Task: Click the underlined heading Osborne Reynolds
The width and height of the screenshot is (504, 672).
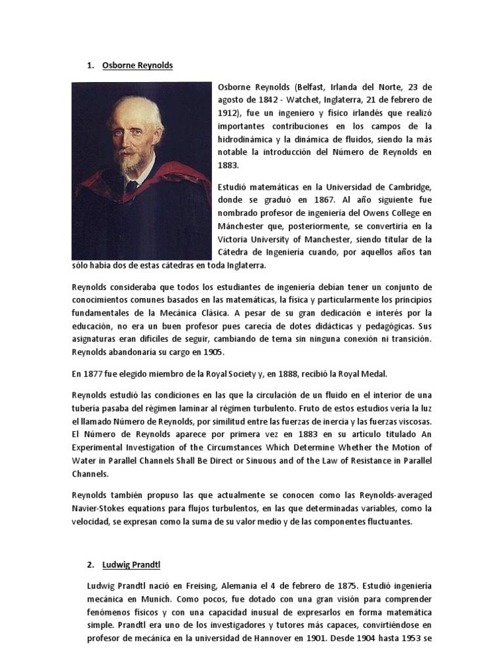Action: click(x=138, y=65)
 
